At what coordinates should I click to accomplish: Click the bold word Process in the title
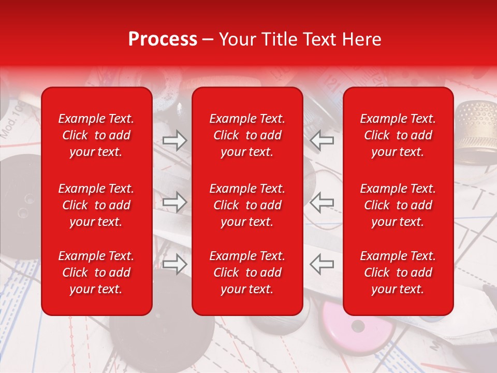pos(163,39)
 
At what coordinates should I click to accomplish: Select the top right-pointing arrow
pos(174,140)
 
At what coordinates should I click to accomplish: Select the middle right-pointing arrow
pos(174,203)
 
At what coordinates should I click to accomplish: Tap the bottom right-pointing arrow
pos(174,264)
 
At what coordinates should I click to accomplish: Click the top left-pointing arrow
pos(321,140)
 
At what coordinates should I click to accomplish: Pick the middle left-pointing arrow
pos(321,203)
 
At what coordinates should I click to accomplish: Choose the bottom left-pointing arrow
pos(321,264)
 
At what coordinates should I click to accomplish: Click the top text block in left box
pos(96,135)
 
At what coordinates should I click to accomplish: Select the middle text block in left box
pos(96,205)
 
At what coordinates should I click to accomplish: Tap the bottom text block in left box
pos(96,272)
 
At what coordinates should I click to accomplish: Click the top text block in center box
pos(247,135)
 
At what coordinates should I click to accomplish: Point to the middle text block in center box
pos(247,205)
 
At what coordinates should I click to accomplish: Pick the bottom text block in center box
pos(247,272)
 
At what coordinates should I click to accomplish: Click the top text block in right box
pos(398,135)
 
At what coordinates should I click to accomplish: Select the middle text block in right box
pos(398,205)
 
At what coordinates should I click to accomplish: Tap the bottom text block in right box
pos(398,272)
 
